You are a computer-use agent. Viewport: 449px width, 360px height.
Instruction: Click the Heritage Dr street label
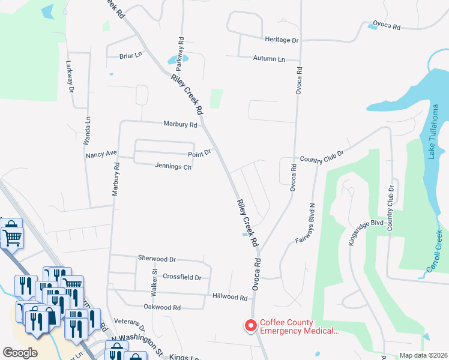click(x=282, y=40)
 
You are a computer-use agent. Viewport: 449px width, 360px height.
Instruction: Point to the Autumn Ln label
click(x=269, y=59)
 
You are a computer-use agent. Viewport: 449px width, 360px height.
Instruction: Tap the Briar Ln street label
click(x=130, y=55)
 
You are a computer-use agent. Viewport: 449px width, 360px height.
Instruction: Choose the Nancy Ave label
click(x=100, y=154)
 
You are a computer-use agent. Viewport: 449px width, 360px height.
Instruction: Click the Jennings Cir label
click(x=173, y=166)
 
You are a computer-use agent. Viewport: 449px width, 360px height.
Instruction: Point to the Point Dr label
click(x=199, y=153)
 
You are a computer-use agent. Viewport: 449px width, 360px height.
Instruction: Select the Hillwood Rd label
click(x=230, y=297)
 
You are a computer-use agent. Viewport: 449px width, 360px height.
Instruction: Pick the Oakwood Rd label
click(x=162, y=307)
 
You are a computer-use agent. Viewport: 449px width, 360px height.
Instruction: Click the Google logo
click(x=19, y=353)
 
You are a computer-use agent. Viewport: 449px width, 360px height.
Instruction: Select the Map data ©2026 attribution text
click(x=423, y=355)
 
